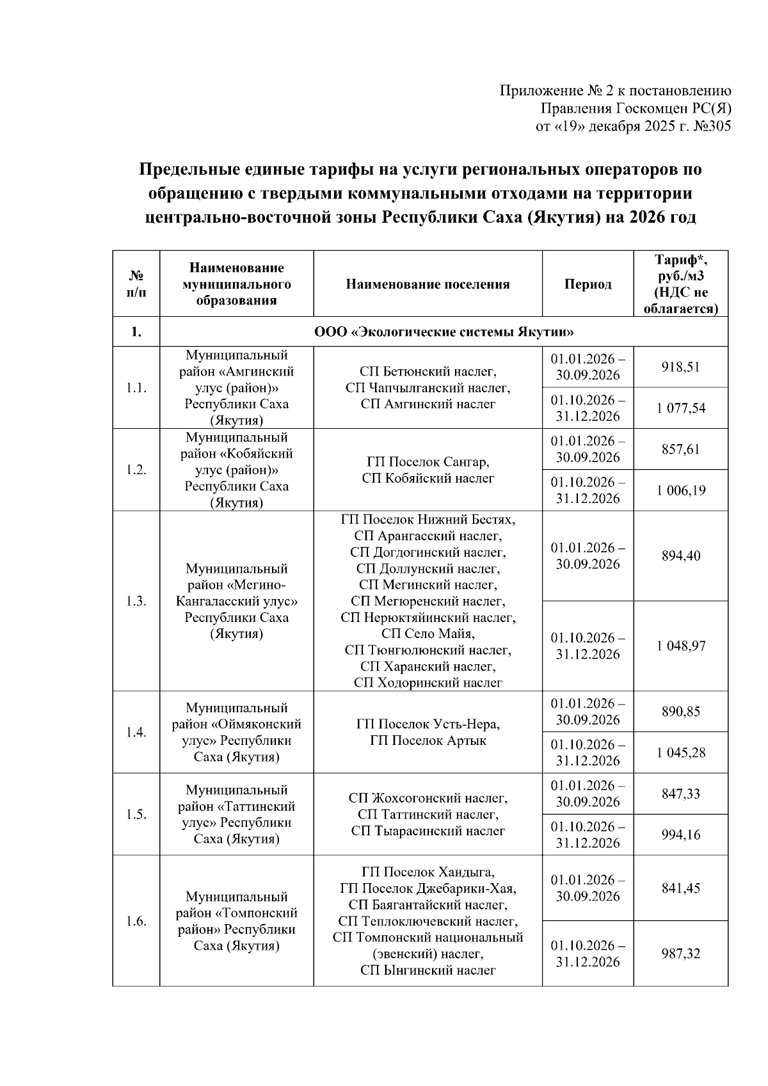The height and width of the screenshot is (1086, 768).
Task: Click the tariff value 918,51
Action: point(681,367)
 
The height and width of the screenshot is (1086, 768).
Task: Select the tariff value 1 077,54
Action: point(681,408)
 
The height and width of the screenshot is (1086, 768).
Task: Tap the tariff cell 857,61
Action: point(681,449)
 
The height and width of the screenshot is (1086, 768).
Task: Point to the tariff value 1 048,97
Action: point(681,646)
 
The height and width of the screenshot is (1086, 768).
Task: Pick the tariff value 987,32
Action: point(681,954)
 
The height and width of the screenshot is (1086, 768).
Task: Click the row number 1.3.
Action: point(136,601)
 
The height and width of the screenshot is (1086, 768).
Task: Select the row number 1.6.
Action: point(136,921)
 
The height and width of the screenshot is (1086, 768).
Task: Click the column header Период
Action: point(588,284)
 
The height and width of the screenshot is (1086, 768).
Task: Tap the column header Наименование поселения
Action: point(428,284)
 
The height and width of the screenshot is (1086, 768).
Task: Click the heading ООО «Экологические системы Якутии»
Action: point(444,332)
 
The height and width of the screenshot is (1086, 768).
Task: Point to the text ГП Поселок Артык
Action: point(428,740)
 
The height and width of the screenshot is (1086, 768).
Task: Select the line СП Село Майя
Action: point(428,634)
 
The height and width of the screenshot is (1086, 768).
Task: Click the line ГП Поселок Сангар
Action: point(428,461)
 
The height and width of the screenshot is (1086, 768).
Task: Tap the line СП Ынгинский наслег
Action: point(428,970)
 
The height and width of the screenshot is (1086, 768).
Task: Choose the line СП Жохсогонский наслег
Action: point(428,798)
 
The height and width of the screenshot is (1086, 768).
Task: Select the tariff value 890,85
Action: point(681,712)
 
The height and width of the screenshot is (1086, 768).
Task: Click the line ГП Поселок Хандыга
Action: point(428,872)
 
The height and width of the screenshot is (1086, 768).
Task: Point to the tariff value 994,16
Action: point(681,834)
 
